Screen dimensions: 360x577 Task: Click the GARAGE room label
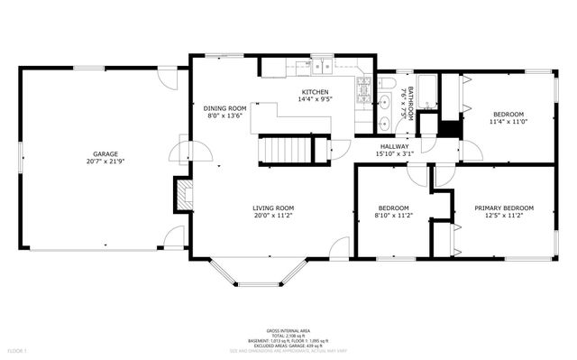(x=105, y=153)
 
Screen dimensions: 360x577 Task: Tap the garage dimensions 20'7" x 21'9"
(x=105, y=162)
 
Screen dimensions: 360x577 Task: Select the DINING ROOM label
(x=224, y=108)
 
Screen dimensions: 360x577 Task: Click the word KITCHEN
(x=315, y=92)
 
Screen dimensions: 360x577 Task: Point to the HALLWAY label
(x=394, y=146)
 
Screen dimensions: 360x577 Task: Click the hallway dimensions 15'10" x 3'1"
(x=394, y=154)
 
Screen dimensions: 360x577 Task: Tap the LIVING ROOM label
(x=273, y=208)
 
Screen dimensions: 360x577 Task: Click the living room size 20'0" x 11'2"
(x=273, y=217)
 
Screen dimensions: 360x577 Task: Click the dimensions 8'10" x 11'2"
(x=394, y=217)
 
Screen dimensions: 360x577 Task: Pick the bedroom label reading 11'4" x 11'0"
(x=507, y=122)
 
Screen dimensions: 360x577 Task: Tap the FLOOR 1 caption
(x=18, y=349)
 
